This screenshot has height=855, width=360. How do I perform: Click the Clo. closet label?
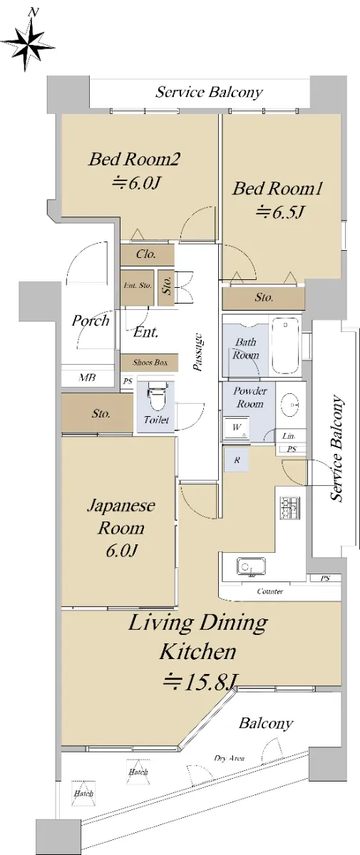(x=146, y=254)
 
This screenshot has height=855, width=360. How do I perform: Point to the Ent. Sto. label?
(x=138, y=285)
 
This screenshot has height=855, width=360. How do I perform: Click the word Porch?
(x=91, y=321)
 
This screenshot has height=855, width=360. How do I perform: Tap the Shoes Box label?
(x=150, y=363)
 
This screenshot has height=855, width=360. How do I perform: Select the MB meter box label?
(x=87, y=378)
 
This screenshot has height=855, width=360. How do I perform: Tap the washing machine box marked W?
(x=237, y=428)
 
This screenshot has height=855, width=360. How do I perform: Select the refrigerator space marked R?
(x=237, y=460)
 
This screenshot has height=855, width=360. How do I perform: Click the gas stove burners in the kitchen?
(x=290, y=508)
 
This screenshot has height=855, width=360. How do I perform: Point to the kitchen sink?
(x=251, y=566)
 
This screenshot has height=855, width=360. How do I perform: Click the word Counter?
(x=270, y=591)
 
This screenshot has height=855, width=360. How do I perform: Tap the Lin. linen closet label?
(x=289, y=436)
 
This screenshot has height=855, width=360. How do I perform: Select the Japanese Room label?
(x=121, y=528)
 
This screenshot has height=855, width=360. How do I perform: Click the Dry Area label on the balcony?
(x=229, y=758)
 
